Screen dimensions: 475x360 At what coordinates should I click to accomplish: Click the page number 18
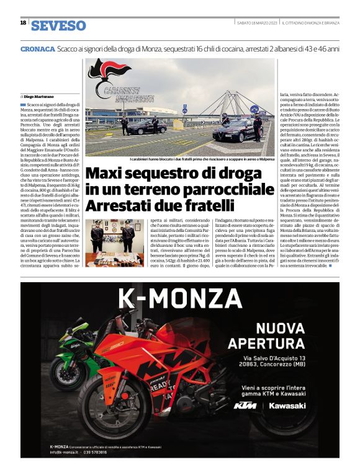coord(23,23)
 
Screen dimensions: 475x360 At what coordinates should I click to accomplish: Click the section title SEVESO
coord(58,25)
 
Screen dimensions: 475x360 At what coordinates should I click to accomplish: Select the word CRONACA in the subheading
coord(37,48)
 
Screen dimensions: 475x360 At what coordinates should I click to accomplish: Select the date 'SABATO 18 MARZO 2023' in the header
coord(256,24)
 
